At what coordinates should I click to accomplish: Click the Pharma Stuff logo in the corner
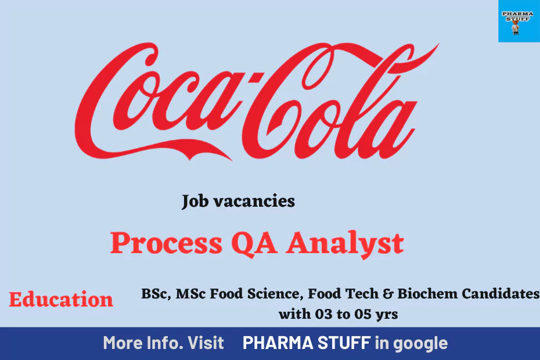pos(519,21)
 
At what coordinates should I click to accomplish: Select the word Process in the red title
pos(166,243)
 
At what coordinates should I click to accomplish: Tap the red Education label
pos(61,299)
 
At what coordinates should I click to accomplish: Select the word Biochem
pos(427,293)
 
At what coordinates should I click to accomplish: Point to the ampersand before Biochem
pos(388,294)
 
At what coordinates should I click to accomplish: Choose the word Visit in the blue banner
pos(206,343)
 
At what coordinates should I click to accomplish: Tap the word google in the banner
pos(420,344)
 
